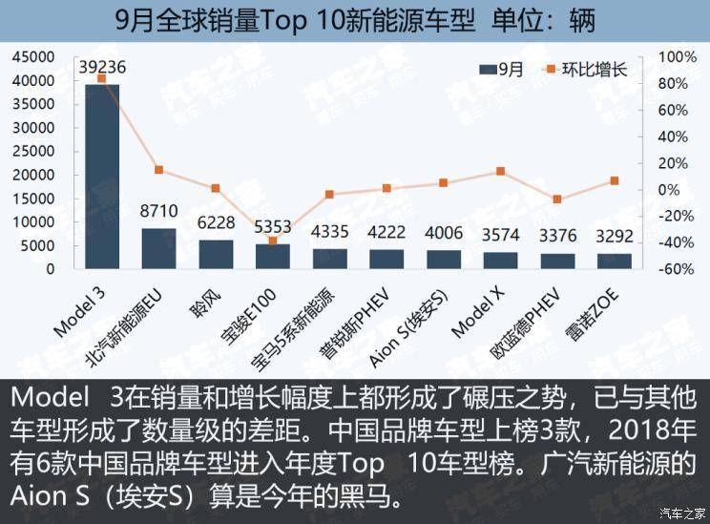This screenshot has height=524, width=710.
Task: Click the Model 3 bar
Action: coord(102,177)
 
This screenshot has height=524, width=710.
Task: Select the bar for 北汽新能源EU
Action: coord(158,248)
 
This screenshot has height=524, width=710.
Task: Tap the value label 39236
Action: coord(102,67)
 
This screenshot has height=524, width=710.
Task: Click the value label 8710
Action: coord(159,208)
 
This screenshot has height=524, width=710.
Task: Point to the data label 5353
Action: coord(273,226)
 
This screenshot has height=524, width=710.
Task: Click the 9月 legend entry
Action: coord(504,69)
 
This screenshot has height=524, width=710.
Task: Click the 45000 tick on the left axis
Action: coord(34,57)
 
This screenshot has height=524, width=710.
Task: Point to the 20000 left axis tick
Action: coord(34,175)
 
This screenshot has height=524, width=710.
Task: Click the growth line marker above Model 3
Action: coord(102,78)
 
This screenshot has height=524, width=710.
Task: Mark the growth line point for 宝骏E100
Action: coord(273,241)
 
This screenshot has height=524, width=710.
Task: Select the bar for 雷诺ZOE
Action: coord(615,261)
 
